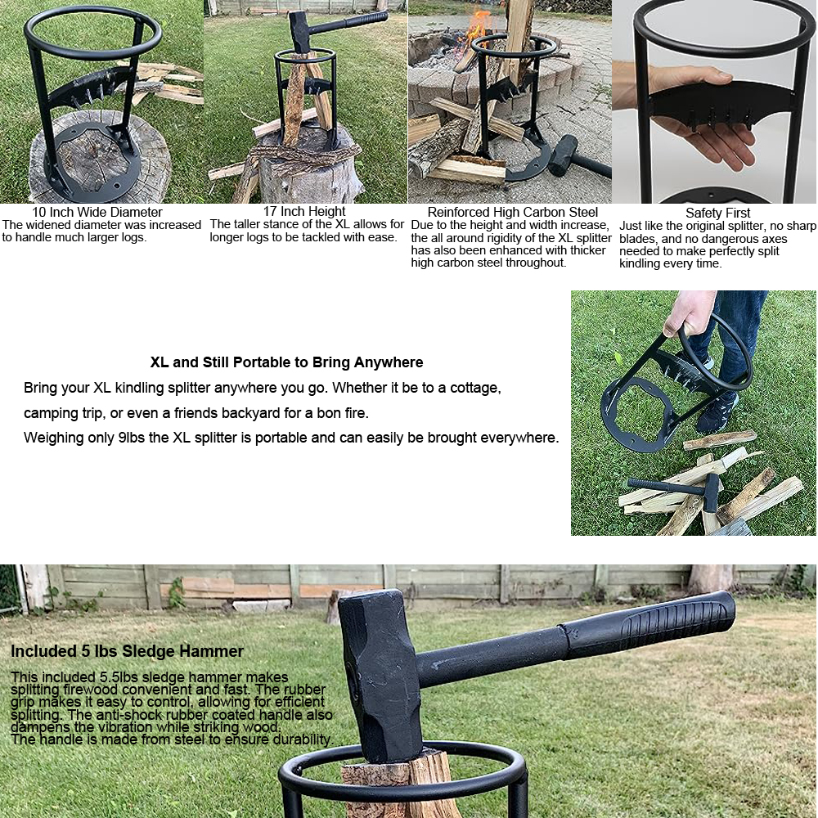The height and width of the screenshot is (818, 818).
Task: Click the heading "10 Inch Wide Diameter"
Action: [97, 212]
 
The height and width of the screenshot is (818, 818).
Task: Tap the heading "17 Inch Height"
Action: [304, 211]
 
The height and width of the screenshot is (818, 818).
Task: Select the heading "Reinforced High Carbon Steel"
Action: [512, 213]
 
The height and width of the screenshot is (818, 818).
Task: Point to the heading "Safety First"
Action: [717, 213]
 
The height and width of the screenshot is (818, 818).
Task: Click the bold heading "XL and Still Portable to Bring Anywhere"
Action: [286, 362]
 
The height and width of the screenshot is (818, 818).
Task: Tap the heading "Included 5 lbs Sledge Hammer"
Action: [127, 651]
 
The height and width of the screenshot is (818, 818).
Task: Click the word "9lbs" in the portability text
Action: [131, 437]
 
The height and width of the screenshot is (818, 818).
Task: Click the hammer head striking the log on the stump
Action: [299, 31]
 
